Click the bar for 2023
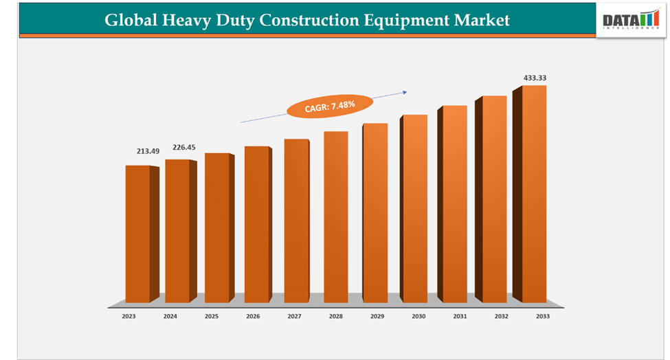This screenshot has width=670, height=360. pyautogui.click(x=137, y=234)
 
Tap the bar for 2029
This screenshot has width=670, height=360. pyautogui.click(x=375, y=213)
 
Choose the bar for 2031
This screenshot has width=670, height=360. pyautogui.click(x=454, y=204)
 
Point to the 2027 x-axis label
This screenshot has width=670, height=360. pyautogui.click(x=294, y=316)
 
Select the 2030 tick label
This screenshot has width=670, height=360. pyautogui.click(x=418, y=316)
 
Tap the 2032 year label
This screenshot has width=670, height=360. pyautogui.click(x=502, y=316)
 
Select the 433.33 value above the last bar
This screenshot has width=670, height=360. pyautogui.click(x=535, y=78)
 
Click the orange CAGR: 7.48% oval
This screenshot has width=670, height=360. pyautogui.click(x=329, y=105)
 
